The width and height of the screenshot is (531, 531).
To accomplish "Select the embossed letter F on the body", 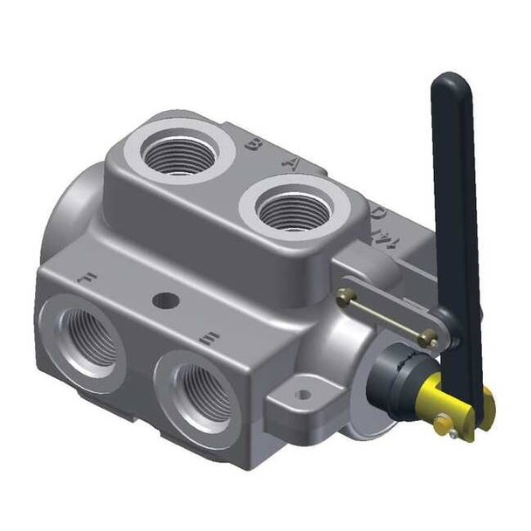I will pyautogui.click(x=86, y=279).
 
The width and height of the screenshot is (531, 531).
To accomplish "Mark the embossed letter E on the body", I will pyautogui.click(x=208, y=334).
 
